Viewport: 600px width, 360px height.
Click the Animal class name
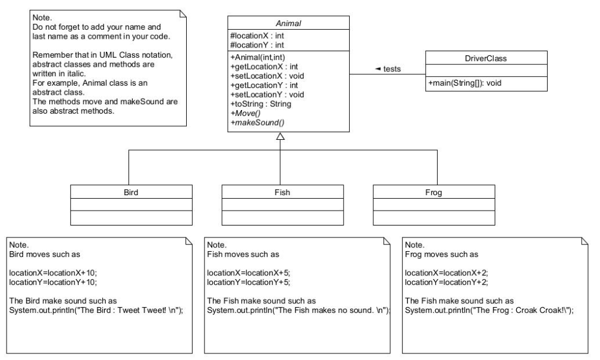(288, 23)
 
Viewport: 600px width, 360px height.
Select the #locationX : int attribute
(257, 36)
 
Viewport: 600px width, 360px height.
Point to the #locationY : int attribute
(257, 45)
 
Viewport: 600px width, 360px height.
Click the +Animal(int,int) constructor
(258, 58)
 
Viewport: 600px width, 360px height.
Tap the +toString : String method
(261, 104)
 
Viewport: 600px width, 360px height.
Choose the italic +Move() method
(246, 114)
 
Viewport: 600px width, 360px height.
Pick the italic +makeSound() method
(257, 123)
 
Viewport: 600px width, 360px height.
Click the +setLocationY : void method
(268, 95)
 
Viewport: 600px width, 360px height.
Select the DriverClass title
(486, 58)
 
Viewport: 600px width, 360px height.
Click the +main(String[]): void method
(465, 83)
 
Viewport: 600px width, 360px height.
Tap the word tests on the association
(392, 69)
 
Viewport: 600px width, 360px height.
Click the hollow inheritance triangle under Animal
(281, 136)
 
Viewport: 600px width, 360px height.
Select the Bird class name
(131, 192)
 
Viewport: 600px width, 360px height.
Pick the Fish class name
(282, 192)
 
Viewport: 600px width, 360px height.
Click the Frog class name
(433, 192)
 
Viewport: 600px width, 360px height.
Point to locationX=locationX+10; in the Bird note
(53, 273)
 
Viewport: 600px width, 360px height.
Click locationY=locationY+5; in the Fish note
(249, 282)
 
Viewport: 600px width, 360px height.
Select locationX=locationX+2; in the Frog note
(447, 273)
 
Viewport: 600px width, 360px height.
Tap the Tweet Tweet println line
(96, 310)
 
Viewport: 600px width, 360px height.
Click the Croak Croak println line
(489, 310)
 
